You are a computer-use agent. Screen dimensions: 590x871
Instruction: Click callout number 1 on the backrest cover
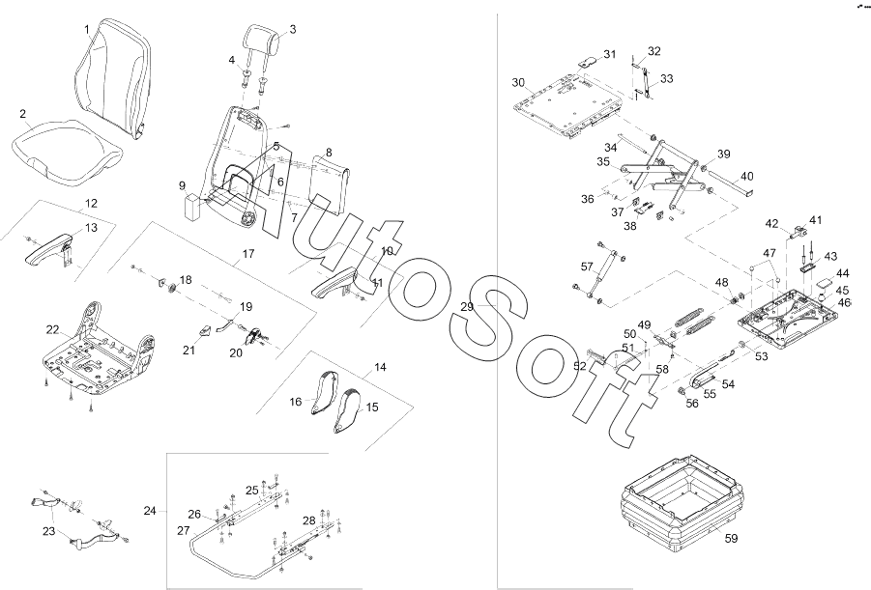pyautogui.click(x=87, y=29)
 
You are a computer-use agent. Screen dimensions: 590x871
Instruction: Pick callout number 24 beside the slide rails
pyautogui.click(x=150, y=510)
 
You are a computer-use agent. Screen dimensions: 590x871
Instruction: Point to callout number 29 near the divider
pyautogui.click(x=467, y=306)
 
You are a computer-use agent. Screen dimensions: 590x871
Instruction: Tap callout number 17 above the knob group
pyautogui.click(x=247, y=254)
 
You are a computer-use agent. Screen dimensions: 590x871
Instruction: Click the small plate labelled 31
pyautogui.click(x=588, y=59)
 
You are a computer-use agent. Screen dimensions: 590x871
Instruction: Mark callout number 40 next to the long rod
pyautogui.click(x=747, y=176)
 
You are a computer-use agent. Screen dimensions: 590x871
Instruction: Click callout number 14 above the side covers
pyautogui.click(x=380, y=368)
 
